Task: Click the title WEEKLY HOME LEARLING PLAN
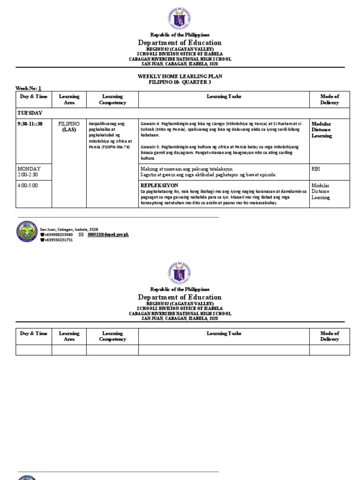click(180, 76)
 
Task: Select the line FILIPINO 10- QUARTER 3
click(180, 82)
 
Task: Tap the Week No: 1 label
click(29, 88)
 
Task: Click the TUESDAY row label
click(30, 113)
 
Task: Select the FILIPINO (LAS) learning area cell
click(69, 126)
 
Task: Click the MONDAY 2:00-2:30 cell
click(29, 172)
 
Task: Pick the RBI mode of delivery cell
click(316, 169)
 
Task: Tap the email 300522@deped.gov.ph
click(108, 234)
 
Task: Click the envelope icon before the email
click(81, 234)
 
